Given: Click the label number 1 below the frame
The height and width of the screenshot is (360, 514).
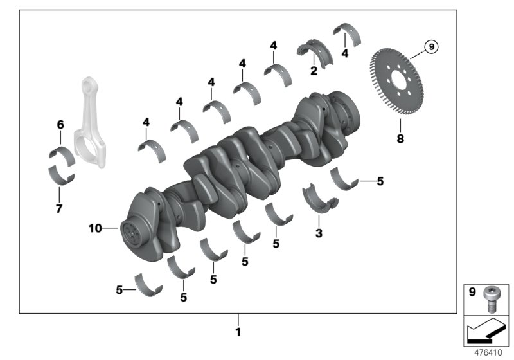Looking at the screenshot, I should tap(238, 332).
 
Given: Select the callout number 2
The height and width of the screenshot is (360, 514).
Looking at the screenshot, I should tap(314, 71).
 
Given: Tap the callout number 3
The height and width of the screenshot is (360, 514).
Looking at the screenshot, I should tap(319, 233).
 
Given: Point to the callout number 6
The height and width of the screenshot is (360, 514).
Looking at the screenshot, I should tap(60, 124).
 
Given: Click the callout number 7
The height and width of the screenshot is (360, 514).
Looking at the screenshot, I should tap(59, 209).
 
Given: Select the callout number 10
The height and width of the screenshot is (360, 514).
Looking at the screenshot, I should tap(95, 228).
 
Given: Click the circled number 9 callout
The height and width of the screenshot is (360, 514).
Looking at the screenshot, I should tap(431, 46).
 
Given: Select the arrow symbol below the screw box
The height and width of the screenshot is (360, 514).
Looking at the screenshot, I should tap(485, 332).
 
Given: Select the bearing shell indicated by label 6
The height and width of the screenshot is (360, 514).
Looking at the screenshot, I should tap(61, 155).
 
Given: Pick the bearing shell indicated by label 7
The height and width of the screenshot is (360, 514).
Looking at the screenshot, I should tap(61, 175).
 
